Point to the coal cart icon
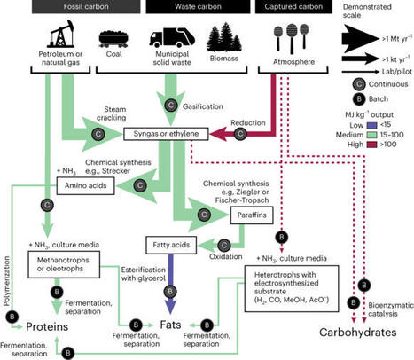[x=112, y=42]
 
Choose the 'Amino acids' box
[x=83, y=185]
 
